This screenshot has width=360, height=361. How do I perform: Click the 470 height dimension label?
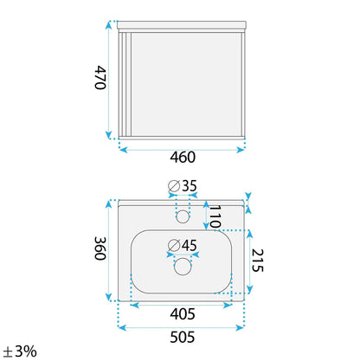click(100, 78)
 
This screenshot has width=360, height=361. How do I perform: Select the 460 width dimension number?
click(183, 158)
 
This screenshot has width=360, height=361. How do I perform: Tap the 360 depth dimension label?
click(100, 248)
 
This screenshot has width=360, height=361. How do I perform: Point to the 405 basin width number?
click(183, 313)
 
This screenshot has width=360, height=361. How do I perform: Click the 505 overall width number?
click(183, 337)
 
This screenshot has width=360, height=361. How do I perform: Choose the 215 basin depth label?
click(257, 261)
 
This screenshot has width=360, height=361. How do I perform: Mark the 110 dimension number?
click(215, 216)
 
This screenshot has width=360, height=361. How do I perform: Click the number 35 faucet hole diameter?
click(190, 186)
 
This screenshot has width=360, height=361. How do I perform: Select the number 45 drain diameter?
click(190, 245)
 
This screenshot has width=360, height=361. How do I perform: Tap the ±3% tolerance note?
click(20, 351)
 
